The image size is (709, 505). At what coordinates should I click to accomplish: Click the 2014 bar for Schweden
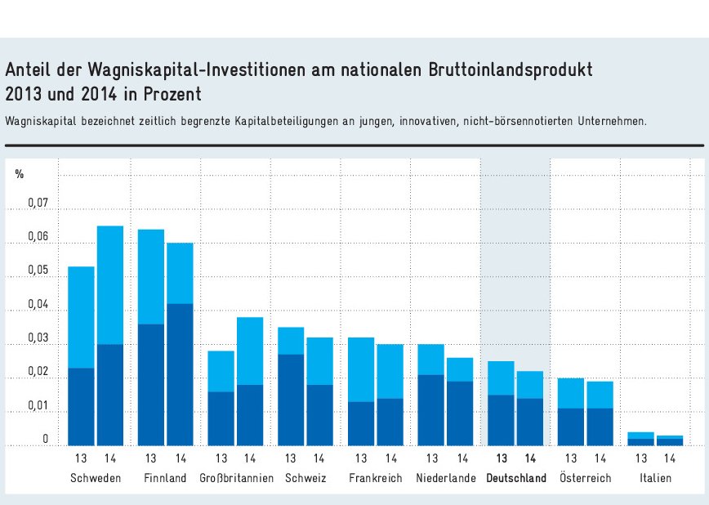(x=110, y=335)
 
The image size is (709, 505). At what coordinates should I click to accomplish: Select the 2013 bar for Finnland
(x=151, y=337)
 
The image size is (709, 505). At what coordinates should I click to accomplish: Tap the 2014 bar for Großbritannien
(x=250, y=381)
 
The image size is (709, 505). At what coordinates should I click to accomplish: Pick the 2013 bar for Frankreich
(x=361, y=391)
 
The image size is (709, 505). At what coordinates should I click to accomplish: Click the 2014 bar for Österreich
(x=600, y=413)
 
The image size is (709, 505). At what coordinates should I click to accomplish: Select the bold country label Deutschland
(x=515, y=478)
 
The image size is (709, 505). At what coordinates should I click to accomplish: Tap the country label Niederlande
(x=445, y=478)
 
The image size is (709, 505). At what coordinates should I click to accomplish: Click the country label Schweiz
(x=305, y=478)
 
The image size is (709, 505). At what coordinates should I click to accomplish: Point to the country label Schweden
(x=96, y=478)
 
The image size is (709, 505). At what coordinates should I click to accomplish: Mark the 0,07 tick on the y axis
(x=38, y=204)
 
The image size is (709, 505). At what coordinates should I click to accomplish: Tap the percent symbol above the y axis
(x=20, y=174)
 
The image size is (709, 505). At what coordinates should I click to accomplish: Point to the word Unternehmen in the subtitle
(x=609, y=121)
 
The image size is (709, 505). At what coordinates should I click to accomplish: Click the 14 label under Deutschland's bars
(x=530, y=458)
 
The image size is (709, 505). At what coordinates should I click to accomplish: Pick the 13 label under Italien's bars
(x=641, y=458)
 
